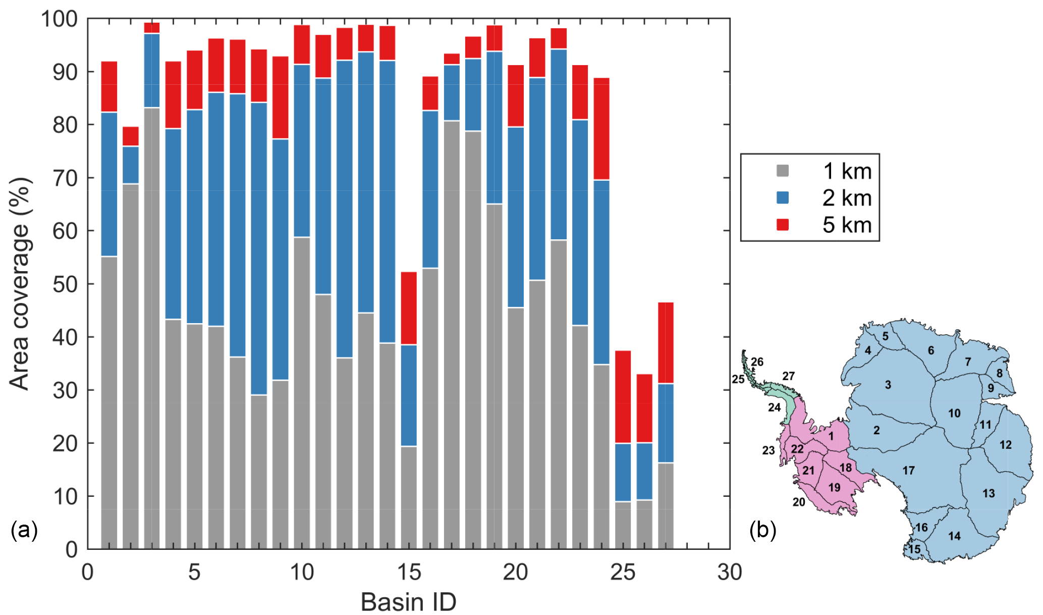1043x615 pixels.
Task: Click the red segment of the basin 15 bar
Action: coord(409,308)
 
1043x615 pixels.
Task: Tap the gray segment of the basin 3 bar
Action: coord(152,328)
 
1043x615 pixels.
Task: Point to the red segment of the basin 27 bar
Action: coord(666,343)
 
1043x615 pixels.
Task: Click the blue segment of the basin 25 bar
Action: coord(623,472)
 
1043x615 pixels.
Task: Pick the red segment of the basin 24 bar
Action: coord(601,129)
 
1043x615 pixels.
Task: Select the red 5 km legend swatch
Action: coord(783,225)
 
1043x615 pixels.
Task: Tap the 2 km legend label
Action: coord(847,198)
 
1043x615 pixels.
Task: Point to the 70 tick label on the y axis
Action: coord(65,178)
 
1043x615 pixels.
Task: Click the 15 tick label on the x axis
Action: coord(409,573)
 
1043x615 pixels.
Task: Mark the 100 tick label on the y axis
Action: coord(59,19)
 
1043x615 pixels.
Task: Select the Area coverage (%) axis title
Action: coord(20,283)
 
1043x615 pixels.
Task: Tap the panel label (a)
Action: coord(24,531)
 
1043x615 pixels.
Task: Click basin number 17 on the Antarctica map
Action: coord(908,471)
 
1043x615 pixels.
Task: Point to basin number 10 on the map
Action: coord(954,414)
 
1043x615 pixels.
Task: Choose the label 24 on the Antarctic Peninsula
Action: coord(774,407)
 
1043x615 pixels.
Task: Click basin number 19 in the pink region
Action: coord(834,487)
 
